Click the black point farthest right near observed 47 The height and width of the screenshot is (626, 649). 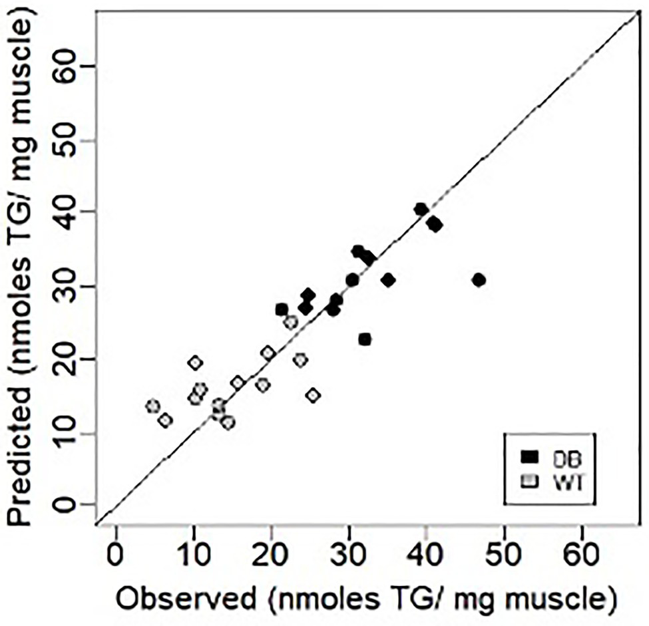pyautogui.click(x=478, y=279)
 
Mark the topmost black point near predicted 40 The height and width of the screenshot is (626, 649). pyautogui.click(x=421, y=210)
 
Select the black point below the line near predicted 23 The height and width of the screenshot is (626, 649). pyautogui.click(x=364, y=339)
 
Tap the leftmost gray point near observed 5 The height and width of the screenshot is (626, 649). pyautogui.click(x=152, y=406)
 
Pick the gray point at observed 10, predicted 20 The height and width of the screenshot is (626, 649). pyautogui.click(x=194, y=363)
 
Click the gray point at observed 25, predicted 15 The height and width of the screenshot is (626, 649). pyautogui.click(x=313, y=395)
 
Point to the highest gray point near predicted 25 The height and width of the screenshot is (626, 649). pyautogui.click(x=290, y=323)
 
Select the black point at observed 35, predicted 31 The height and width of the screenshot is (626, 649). pyautogui.click(x=388, y=279)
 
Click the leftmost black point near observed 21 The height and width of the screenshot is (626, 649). pyautogui.click(x=282, y=309)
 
